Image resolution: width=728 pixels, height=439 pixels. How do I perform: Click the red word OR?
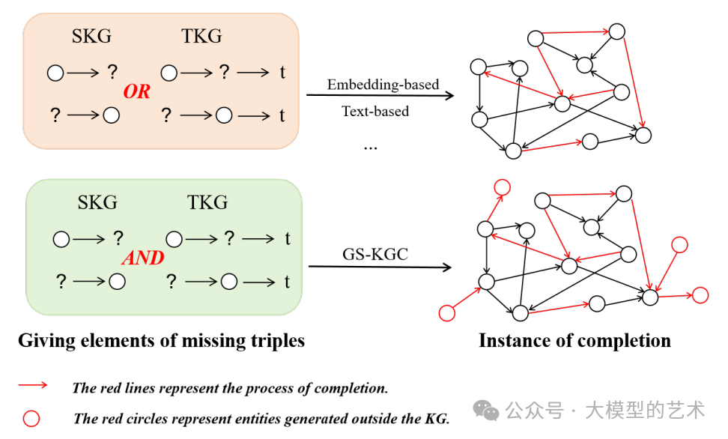[136, 91]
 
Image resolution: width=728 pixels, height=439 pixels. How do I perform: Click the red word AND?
[143, 258]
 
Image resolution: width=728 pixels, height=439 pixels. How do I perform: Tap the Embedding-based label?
[383, 84]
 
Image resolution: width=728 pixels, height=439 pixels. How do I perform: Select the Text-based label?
[375, 111]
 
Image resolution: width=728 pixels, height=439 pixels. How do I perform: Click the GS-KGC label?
[375, 254]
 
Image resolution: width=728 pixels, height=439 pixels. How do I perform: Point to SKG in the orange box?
[91, 36]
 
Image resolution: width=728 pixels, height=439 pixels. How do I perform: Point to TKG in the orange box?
[201, 36]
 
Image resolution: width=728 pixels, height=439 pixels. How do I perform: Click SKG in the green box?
[97, 202]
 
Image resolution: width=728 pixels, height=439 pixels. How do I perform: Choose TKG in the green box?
[207, 202]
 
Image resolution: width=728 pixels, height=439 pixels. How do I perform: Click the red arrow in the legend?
[33, 384]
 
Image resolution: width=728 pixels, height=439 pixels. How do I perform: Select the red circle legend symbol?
[31, 419]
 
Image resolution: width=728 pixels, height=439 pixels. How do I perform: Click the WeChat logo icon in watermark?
[485, 411]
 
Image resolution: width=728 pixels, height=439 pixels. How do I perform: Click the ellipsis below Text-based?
[371, 148]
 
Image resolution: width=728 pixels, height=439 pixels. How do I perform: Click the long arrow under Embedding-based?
[380, 95]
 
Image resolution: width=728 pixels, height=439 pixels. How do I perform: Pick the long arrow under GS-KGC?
[380, 267]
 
